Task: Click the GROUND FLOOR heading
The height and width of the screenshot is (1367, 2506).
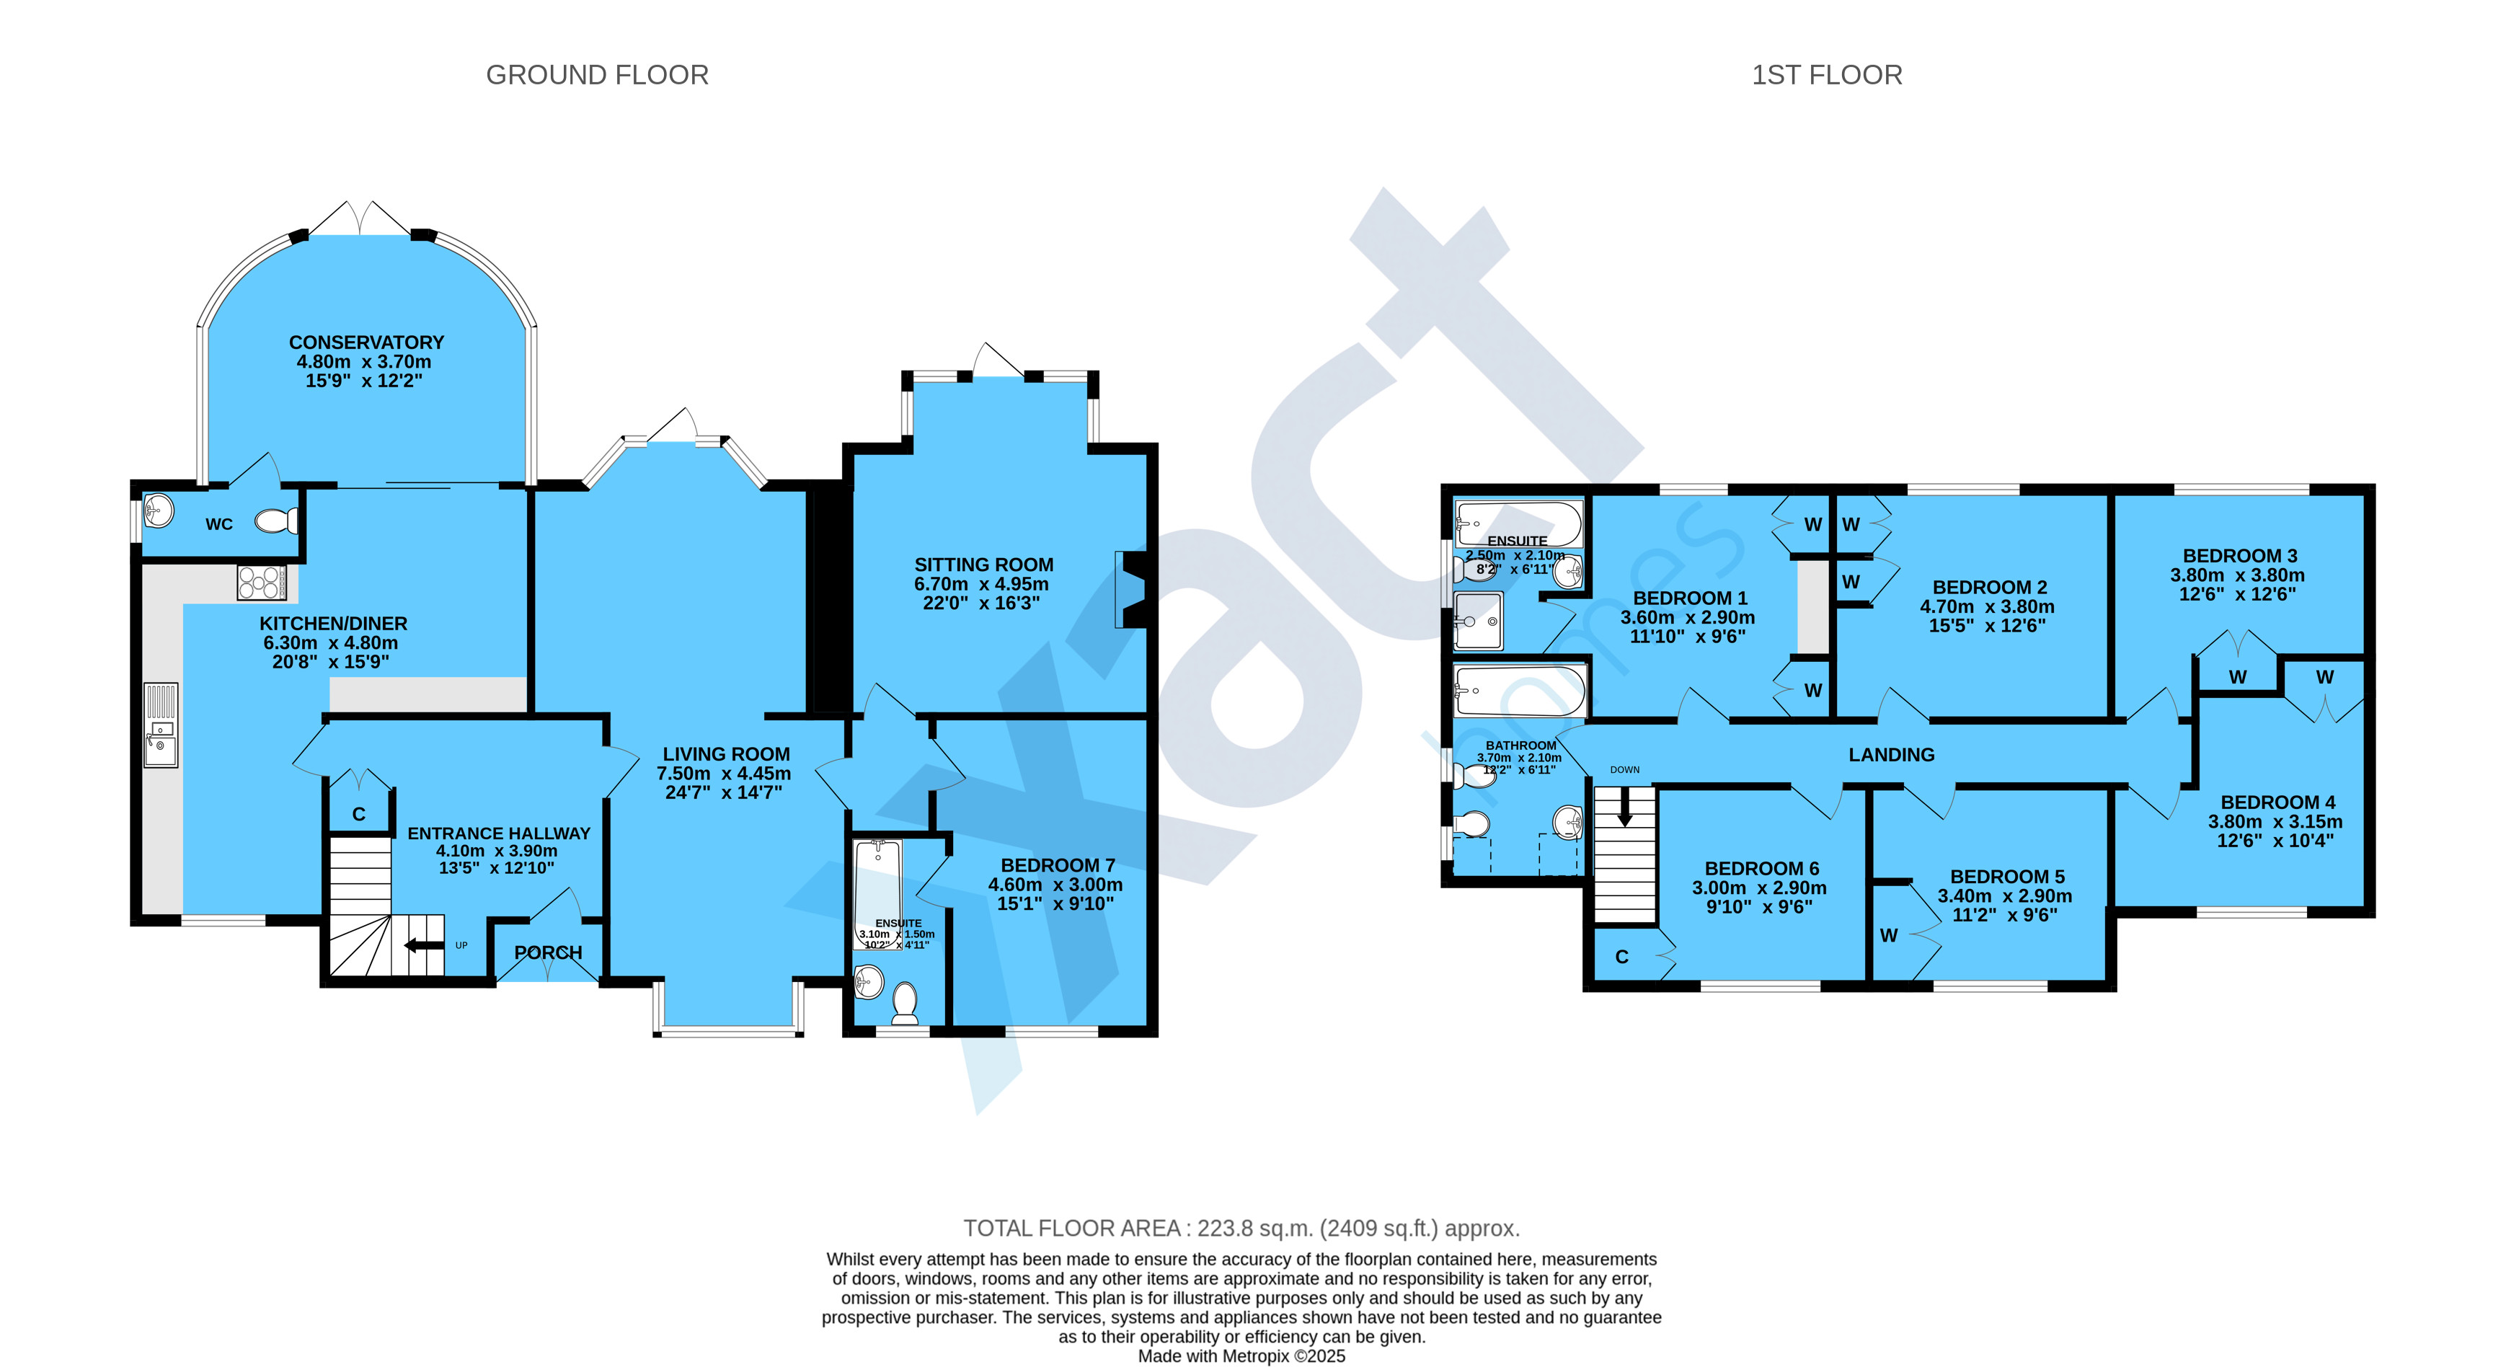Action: click(598, 75)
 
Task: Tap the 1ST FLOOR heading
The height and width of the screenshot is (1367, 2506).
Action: click(1827, 75)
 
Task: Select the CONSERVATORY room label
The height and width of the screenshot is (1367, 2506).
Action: click(367, 342)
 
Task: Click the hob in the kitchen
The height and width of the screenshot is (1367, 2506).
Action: click(262, 582)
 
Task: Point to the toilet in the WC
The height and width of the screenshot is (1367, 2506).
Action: click(278, 521)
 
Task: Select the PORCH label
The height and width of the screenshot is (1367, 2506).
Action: click(548, 952)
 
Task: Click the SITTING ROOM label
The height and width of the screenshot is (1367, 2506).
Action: click(983, 565)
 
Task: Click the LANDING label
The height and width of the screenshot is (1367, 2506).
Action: click(1891, 754)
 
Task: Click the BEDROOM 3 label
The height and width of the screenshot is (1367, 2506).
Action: click(2239, 556)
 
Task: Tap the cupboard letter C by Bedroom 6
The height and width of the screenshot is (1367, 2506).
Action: click(1621, 957)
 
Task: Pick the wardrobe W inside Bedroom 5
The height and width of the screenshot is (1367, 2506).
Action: click(1888, 935)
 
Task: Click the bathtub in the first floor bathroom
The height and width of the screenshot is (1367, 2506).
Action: click(1520, 691)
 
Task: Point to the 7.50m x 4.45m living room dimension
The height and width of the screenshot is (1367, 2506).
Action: click(724, 774)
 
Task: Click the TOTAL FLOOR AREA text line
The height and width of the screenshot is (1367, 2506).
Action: click(1241, 1228)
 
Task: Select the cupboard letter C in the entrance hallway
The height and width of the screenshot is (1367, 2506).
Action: click(358, 815)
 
